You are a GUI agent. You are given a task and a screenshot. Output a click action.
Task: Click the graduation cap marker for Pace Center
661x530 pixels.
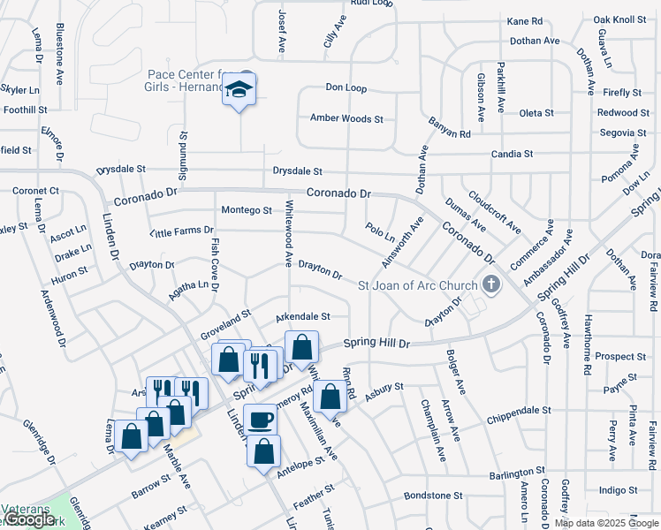coord(239,90)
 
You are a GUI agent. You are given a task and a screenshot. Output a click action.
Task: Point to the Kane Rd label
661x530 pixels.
coord(524,21)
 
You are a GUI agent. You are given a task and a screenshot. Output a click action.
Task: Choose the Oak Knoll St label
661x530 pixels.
coord(619,19)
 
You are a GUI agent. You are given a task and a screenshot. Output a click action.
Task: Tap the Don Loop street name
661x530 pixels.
coord(346,88)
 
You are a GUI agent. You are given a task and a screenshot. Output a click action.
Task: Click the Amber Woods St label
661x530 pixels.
coord(346,118)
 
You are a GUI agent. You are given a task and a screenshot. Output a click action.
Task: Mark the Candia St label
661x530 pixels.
coord(512,154)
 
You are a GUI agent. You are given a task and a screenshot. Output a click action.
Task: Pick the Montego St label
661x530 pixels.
coord(247,210)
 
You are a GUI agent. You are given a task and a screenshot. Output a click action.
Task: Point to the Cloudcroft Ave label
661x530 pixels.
coord(495,213)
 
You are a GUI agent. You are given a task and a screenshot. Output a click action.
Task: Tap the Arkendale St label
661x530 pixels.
coord(302,316)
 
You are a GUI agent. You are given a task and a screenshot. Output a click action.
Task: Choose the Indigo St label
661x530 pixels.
coord(618,490)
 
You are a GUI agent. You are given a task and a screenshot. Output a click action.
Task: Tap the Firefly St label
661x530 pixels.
coord(623,93)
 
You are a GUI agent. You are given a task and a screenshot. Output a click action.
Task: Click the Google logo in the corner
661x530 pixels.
coord(28,519)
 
